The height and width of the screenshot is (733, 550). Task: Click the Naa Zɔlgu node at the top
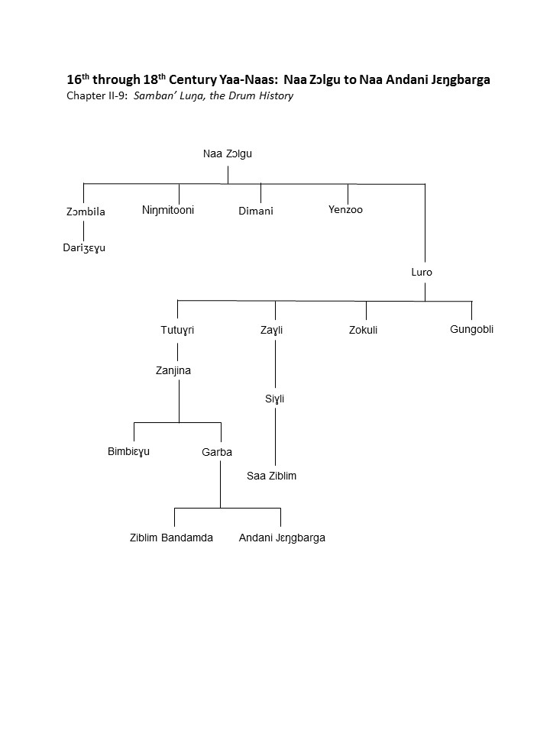pos(228,153)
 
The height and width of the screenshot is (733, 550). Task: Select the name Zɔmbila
pos(86,212)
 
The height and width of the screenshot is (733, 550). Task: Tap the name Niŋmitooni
pos(168,210)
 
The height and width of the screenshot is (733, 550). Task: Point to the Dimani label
pos(256,211)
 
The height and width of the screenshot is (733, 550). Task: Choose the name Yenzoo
pos(345,209)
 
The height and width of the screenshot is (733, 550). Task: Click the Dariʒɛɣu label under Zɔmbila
pos(84,247)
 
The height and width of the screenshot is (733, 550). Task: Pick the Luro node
pos(422,272)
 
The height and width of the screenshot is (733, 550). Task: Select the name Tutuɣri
pos(177,330)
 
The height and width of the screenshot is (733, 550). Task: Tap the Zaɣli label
pos(272,330)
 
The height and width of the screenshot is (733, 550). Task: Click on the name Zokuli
pos(363,330)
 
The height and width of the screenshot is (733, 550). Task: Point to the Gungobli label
pos(471,329)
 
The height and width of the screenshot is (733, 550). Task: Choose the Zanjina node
pos(173,370)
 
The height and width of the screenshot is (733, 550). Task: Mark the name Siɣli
pos(274,399)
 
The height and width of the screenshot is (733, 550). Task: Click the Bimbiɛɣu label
pos(128,451)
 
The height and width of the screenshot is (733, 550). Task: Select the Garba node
pos(217,452)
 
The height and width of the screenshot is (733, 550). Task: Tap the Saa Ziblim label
pos(271,476)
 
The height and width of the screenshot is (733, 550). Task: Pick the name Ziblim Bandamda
pos(171,538)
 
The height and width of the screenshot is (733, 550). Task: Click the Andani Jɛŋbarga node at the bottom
pos(282,538)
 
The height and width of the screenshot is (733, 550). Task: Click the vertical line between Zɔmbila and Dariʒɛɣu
pos(84,230)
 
